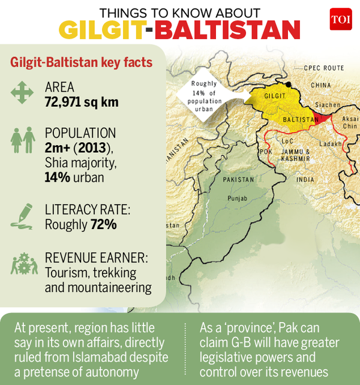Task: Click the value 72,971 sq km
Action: pyautogui.click(x=81, y=102)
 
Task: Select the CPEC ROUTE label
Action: pyautogui.click(x=323, y=68)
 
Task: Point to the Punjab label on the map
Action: pyautogui.click(x=236, y=198)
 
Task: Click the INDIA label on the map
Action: pyautogui.click(x=305, y=179)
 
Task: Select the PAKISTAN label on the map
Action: pyautogui.click(x=238, y=179)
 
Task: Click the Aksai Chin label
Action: pyautogui.click(x=350, y=122)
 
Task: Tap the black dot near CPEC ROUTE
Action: pyautogui.click(x=289, y=84)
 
